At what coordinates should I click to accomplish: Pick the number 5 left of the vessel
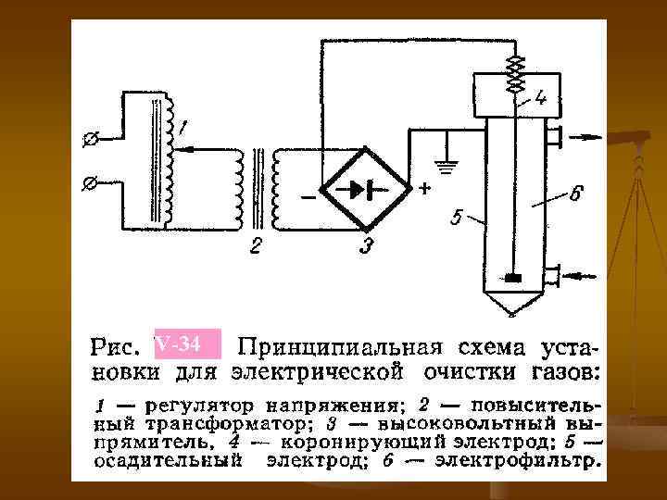pos(455,219)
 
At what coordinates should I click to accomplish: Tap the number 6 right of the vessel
pos(575,194)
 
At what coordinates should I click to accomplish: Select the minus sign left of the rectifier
pos(308,197)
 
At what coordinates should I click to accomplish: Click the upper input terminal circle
pos(91,140)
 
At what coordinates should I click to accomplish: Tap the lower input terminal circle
pos(90,184)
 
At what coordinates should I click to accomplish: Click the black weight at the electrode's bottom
pos(514,277)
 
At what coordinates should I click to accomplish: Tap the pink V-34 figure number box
pos(188,345)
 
